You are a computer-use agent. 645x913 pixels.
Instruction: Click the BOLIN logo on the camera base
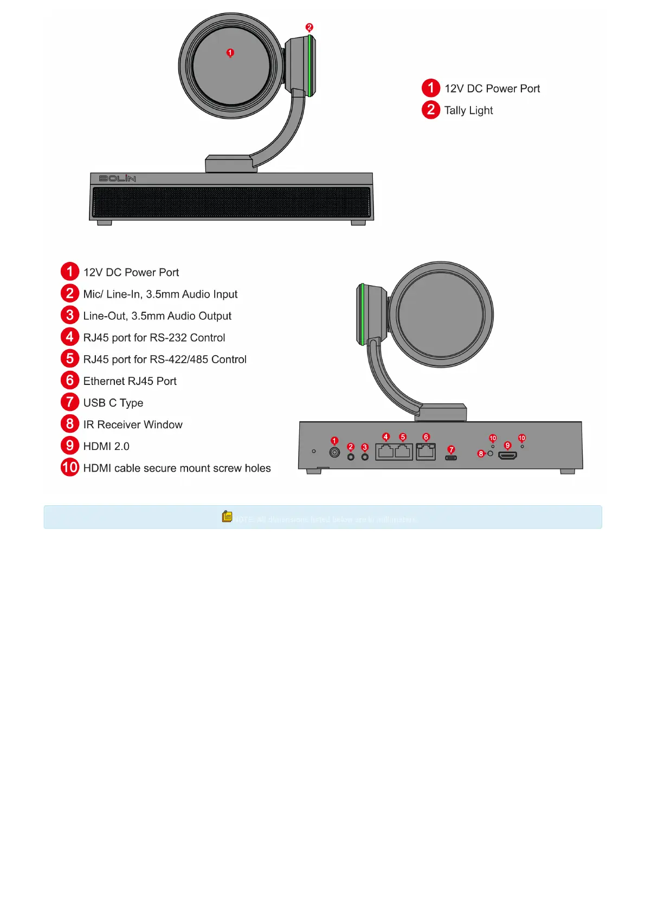pyautogui.click(x=117, y=178)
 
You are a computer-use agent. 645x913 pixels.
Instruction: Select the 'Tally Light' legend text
pyautogui.click(x=468, y=111)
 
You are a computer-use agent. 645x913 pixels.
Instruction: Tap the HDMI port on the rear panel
pyautogui.click(x=507, y=455)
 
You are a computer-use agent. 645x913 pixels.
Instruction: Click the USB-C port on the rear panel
pyautogui.click(x=451, y=458)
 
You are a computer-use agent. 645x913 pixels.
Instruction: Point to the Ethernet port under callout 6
pyautogui.click(x=425, y=452)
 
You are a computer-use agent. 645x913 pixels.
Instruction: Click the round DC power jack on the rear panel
pyautogui.click(x=334, y=452)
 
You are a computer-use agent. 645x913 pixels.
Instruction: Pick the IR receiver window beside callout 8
pyautogui.click(x=491, y=453)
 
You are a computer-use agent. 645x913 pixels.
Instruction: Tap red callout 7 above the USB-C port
pyautogui.click(x=451, y=449)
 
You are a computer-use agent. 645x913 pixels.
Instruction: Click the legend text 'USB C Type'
pyautogui.click(x=113, y=403)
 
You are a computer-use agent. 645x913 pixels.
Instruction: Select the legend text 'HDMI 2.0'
pyautogui.click(x=106, y=446)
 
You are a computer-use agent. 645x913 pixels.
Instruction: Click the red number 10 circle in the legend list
pyautogui.click(x=70, y=467)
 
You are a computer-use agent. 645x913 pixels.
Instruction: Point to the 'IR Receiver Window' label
pyautogui.click(x=133, y=425)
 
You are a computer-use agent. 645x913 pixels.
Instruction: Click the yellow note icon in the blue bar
pyautogui.click(x=227, y=517)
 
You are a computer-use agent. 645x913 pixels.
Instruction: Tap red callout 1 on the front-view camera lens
pyautogui.click(x=230, y=53)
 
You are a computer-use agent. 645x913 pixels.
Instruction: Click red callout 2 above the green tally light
pyautogui.click(x=309, y=27)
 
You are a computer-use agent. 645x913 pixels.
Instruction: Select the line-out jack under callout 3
pyautogui.click(x=365, y=457)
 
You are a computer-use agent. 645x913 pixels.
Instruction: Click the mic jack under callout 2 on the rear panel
pyautogui.click(x=351, y=457)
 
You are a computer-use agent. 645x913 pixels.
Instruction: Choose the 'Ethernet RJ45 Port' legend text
pyautogui.click(x=130, y=381)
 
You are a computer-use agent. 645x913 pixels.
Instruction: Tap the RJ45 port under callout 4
pyautogui.click(x=385, y=452)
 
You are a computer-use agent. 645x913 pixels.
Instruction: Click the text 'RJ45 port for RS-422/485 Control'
pyautogui.click(x=165, y=359)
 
